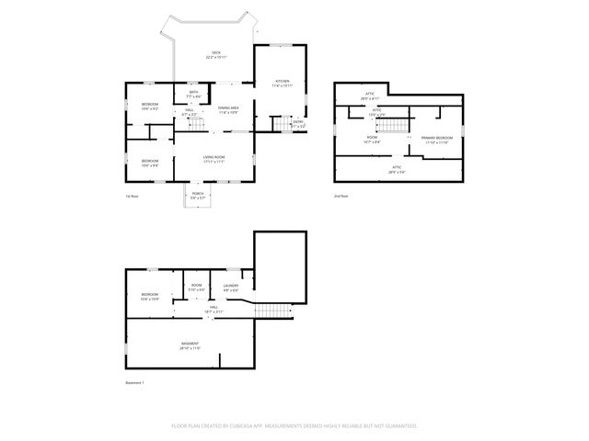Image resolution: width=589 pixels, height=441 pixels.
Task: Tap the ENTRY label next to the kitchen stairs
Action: (298, 122)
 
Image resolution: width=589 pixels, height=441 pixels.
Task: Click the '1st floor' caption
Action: (133, 196)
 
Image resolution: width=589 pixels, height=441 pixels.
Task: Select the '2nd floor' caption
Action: (341, 196)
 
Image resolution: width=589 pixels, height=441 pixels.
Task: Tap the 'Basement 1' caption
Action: (135, 382)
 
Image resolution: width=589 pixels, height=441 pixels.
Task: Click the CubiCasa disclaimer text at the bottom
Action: (294, 426)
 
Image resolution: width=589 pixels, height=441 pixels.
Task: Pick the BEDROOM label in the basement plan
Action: (150, 296)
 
